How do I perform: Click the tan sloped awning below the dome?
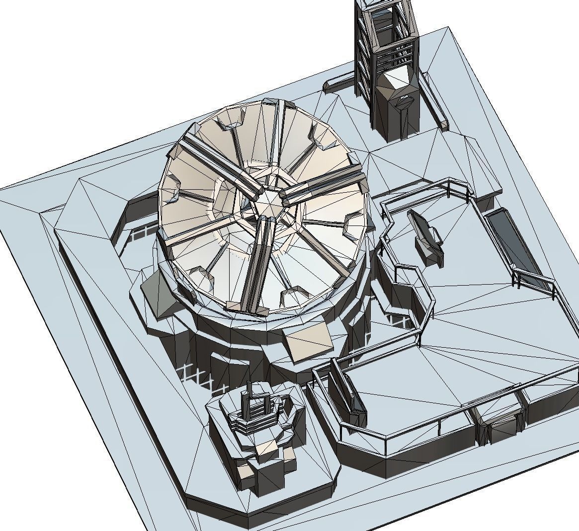click(308, 343)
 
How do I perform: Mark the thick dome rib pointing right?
click(323, 184)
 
